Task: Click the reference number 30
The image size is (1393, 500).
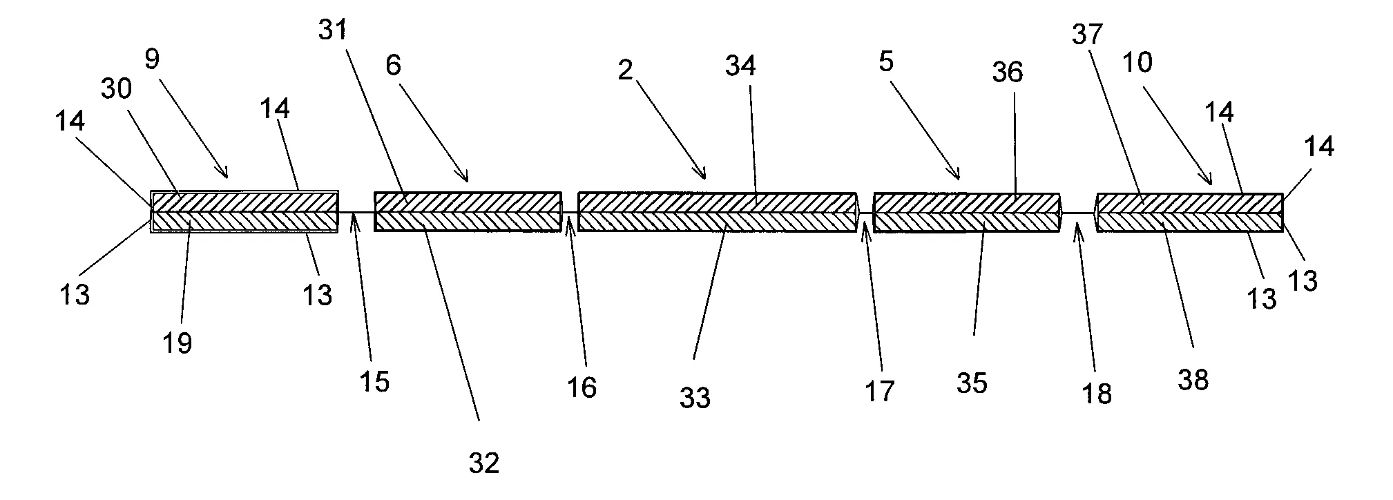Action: click(118, 88)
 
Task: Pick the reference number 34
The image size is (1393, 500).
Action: click(740, 66)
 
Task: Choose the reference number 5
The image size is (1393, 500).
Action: click(886, 62)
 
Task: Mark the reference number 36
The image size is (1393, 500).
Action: click(1008, 72)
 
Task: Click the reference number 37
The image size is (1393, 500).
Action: click(1088, 34)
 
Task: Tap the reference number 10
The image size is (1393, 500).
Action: click(1137, 63)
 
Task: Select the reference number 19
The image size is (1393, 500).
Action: click(177, 342)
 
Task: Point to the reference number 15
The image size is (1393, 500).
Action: click(374, 381)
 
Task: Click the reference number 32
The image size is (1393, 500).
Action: click(483, 463)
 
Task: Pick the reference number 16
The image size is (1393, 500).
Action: click(582, 387)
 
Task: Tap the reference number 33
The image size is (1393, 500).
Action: click(695, 398)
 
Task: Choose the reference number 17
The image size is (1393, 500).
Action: click(880, 391)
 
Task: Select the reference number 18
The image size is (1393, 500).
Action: click(1097, 394)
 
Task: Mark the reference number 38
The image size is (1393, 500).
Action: click(1193, 380)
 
